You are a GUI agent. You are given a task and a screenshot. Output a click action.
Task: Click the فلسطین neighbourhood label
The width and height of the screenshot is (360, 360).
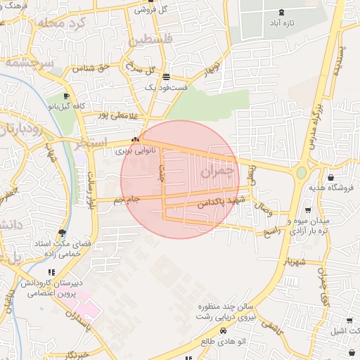click(x=148, y=39)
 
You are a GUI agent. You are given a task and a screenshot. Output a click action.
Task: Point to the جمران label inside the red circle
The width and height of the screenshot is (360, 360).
click(x=216, y=171)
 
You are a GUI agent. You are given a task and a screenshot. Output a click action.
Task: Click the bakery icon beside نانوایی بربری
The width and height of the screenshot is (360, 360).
click(x=135, y=140)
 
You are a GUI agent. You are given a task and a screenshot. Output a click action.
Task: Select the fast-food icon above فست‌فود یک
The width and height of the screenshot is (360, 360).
click(x=166, y=77)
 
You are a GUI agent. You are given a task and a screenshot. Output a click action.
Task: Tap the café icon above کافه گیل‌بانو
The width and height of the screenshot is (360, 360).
click(x=66, y=96)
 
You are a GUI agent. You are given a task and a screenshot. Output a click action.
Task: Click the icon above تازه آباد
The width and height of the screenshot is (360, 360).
click(x=282, y=12)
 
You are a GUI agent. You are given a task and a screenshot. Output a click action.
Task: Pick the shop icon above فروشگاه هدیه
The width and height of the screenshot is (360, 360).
click(x=330, y=177)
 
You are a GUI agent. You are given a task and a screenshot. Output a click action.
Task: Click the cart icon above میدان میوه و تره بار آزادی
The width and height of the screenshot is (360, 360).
click(x=307, y=210)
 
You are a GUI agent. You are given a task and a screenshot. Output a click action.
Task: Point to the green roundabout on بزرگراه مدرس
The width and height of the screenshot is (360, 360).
click(x=302, y=172)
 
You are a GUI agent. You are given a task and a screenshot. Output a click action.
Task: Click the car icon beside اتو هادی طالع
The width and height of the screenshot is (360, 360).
click(x=223, y=330)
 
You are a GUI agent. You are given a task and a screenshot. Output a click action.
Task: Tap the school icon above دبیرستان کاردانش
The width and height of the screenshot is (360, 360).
click(x=50, y=272)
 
